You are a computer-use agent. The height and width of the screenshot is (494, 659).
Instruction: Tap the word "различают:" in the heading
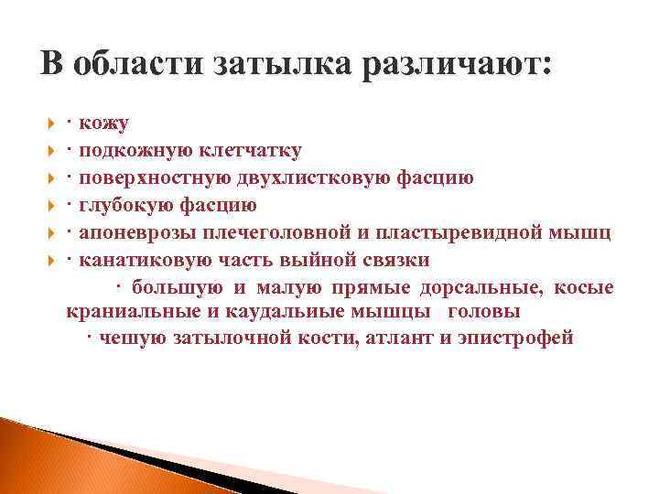pos(459,64)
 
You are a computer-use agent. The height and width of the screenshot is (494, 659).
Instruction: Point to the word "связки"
pos(397,260)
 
